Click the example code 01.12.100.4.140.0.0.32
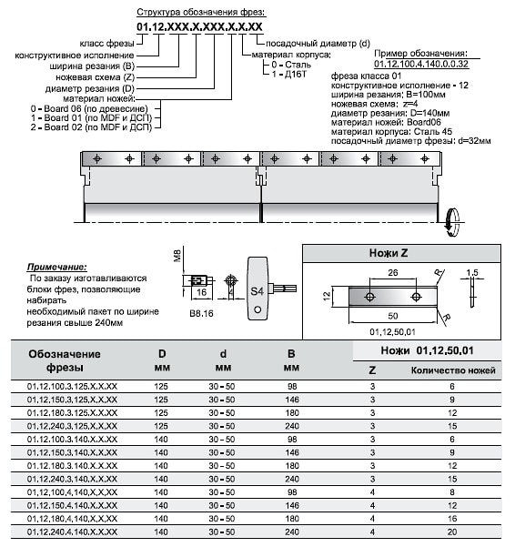point(421,65)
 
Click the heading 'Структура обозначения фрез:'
point(201,13)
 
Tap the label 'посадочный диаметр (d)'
point(318,44)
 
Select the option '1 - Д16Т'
point(288,74)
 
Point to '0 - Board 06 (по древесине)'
point(89,109)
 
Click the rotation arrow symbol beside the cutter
point(452,222)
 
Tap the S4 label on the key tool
point(257,290)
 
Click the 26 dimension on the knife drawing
point(392,272)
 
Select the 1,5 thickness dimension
point(472,272)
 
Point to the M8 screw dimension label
point(177,256)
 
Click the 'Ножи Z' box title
point(389,253)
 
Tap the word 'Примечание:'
point(56,267)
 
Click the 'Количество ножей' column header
point(453,370)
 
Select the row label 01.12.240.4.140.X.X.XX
point(72,532)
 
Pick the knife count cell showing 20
point(452,532)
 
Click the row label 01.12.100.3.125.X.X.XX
point(72,387)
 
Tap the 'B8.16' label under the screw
point(201,314)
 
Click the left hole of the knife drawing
point(370,297)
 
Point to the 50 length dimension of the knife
point(392,316)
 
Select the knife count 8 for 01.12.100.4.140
point(452,492)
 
